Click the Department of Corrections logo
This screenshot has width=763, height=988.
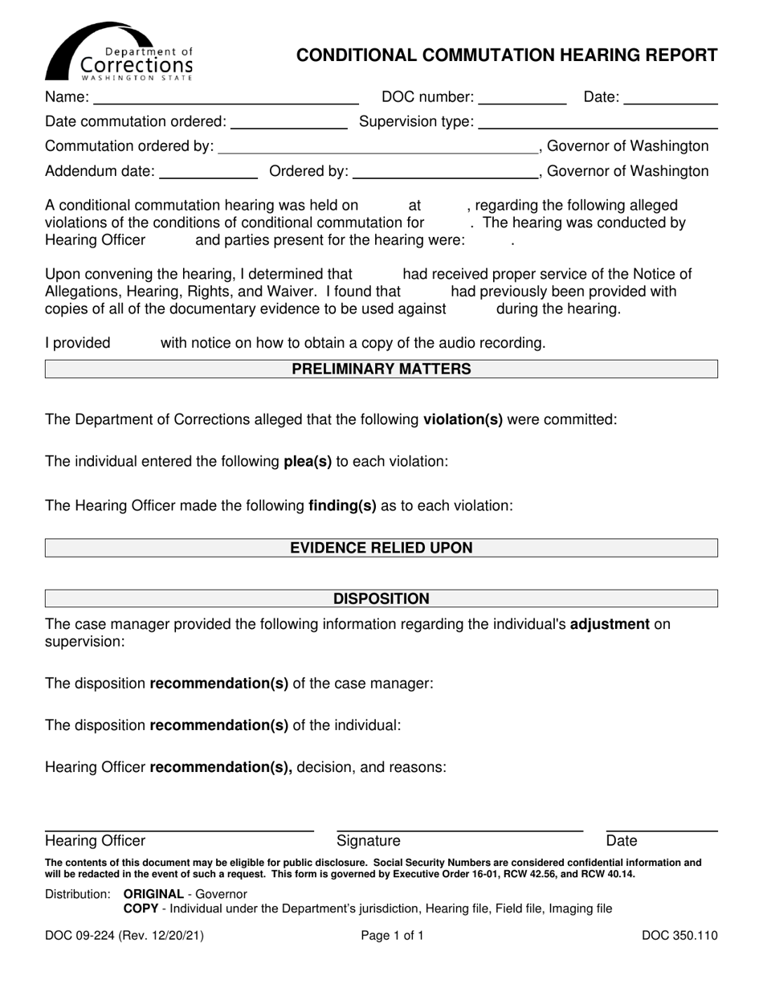pos(119,52)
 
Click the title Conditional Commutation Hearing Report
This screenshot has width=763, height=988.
pos(507,55)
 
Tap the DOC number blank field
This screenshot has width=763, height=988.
pos(522,99)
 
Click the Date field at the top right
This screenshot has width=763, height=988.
pos(670,99)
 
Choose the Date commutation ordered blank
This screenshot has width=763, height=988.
pos(288,123)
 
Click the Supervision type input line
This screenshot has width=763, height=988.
pos(598,123)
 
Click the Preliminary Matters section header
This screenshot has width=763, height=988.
pos(381,369)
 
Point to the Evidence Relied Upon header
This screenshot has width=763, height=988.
pos(381,549)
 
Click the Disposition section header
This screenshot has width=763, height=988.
pos(381,599)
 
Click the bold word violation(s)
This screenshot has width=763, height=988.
pos(463,419)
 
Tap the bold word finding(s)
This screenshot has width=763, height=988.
pos(342,506)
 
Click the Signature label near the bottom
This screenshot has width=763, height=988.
pos(368,841)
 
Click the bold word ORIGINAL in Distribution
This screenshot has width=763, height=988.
pos(153,894)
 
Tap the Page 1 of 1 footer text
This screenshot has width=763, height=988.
pos(392,936)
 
